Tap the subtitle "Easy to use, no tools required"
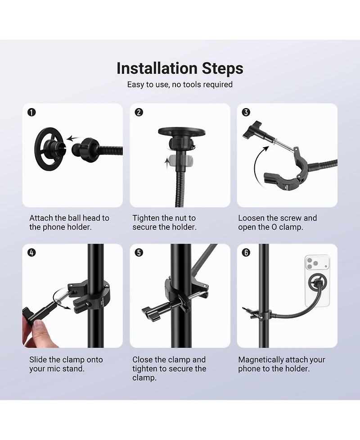(180, 85)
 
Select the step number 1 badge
(31, 112)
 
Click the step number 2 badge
(139, 112)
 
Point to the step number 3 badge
(246, 112)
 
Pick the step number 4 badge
(31, 253)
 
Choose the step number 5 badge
(139, 253)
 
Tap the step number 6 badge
(246, 253)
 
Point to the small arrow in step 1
(73, 139)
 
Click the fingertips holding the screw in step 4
(35, 331)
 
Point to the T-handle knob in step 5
(151, 313)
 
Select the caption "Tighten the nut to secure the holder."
(165, 222)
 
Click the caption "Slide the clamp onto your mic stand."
(66, 364)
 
